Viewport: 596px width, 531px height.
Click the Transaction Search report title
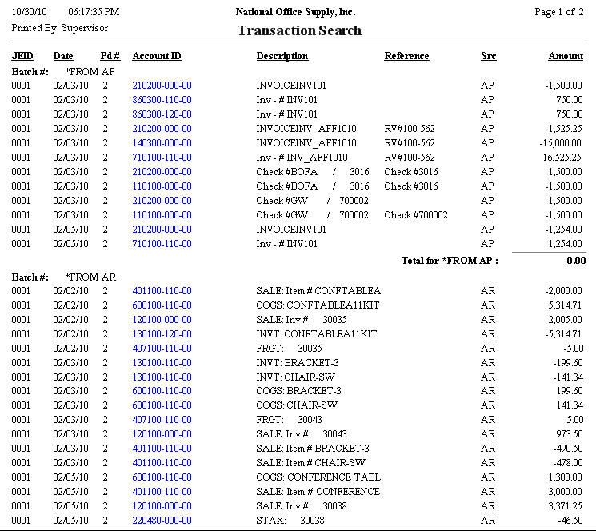(299, 30)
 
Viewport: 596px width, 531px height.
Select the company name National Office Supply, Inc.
(296, 12)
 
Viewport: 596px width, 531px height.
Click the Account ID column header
(157, 56)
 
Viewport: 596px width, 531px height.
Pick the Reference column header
(406, 56)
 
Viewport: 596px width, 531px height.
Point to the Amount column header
(566, 56)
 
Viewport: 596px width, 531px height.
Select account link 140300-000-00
(162, 143)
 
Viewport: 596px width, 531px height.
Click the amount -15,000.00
(560, 143)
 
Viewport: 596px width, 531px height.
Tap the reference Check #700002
(416, 215)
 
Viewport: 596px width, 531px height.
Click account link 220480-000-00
(162, 521)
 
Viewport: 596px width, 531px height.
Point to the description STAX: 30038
(291, 521)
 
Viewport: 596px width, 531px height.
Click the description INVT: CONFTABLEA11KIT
(316, 333)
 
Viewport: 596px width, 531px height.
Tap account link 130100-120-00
(162, 333)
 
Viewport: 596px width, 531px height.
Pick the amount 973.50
(569, 434)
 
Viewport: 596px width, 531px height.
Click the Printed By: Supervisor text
(59, 28)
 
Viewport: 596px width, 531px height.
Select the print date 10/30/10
(27, 12)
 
